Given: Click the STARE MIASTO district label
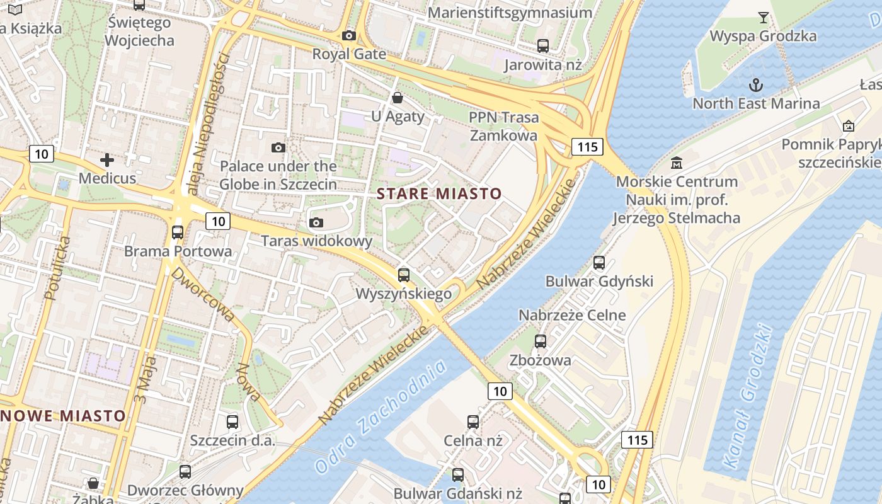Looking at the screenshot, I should pos(439,193).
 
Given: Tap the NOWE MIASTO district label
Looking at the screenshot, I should pos(64,416).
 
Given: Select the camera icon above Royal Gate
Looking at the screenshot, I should pos(349,36).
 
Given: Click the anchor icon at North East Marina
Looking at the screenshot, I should pos(755,84).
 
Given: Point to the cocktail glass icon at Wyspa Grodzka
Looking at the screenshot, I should pos(764,17).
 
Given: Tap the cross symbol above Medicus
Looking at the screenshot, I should pos(107,160).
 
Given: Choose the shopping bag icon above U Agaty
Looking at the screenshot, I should pos(398,98).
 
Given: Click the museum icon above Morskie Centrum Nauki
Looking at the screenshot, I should pos(677,163).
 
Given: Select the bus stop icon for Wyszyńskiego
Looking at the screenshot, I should pos(404,275).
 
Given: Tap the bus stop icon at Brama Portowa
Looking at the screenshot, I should pos(178,232).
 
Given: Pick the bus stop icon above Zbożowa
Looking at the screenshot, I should pos(541,341).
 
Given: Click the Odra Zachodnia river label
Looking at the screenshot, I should pos(381,416).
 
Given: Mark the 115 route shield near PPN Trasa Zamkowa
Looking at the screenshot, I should pos(587,147).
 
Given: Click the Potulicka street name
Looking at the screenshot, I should pos(55,268).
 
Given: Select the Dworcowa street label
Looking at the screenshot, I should pos(203,294).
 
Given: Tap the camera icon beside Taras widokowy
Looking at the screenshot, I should pos(316,222).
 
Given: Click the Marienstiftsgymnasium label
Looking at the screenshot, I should pos(510,13).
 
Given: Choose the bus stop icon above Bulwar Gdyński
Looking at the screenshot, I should pos(599,263).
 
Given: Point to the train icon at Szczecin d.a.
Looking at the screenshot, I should pos(232,422).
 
